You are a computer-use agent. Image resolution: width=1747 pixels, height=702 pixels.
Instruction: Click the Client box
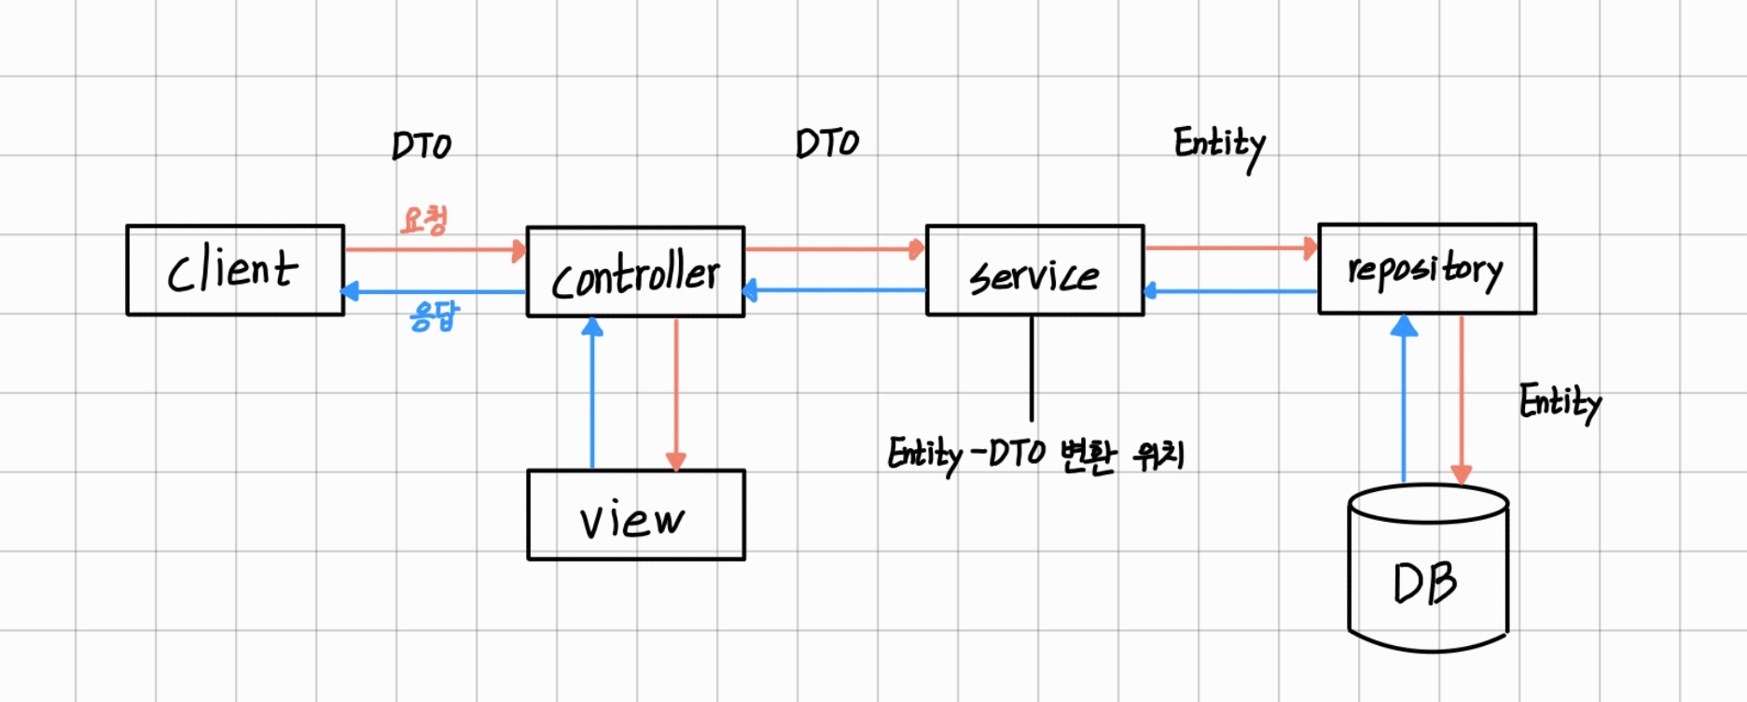coord(235,271)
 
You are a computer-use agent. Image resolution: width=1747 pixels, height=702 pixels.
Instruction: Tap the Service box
coord(1034,271)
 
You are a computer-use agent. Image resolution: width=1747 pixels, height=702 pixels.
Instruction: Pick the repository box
coord(1426,269)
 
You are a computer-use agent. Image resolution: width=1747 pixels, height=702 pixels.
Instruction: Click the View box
coord(635,515)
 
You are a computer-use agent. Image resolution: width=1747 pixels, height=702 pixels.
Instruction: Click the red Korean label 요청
coord(424,220)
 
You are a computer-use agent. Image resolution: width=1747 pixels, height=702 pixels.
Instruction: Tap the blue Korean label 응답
coord(435,316)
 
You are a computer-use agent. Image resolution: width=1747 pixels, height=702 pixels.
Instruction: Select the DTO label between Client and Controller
coord(422,146)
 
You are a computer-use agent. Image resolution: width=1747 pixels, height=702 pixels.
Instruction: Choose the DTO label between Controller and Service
coord(827,144)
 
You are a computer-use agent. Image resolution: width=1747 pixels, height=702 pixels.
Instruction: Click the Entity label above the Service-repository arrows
coord(1219,146)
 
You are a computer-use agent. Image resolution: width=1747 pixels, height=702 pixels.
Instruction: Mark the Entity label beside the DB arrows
coord(1560,403)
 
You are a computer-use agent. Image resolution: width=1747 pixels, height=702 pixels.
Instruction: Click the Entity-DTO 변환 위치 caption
coord(1035,456)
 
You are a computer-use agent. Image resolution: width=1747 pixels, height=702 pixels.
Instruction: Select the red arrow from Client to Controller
coord(435,250)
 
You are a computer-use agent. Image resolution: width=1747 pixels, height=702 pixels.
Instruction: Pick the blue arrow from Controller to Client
coord(435,292)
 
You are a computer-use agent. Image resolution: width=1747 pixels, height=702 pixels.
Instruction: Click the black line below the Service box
coord(1032,369)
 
